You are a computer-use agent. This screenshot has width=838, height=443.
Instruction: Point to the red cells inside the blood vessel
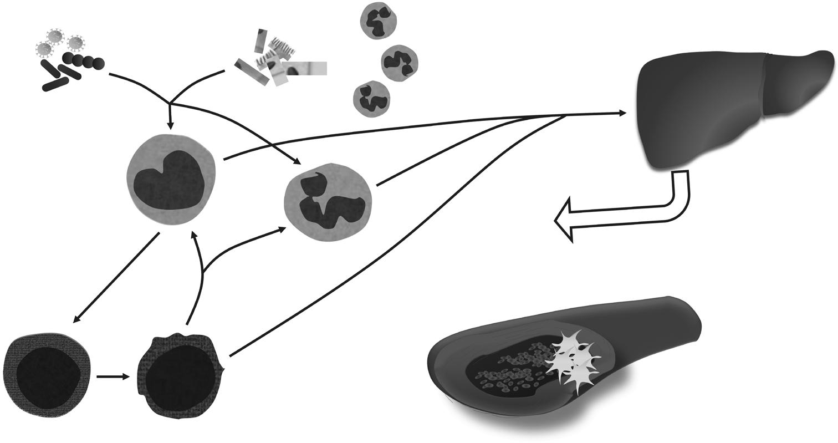510,369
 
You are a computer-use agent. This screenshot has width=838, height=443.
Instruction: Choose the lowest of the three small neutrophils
372,100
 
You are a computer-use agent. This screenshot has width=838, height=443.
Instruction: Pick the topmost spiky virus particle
55,37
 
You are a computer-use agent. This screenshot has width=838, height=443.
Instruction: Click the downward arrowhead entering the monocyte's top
170,126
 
